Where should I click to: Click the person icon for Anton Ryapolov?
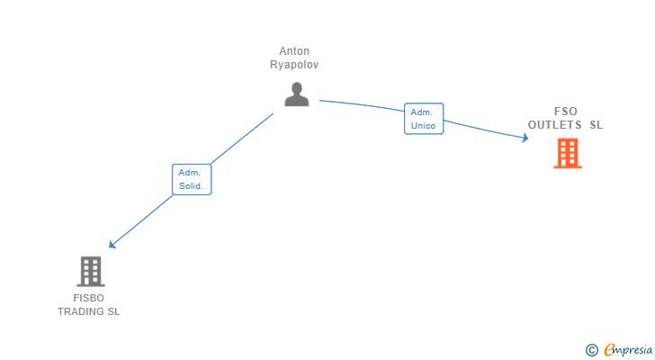click(x=296, y=94)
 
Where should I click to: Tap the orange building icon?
click(x=567, y=154)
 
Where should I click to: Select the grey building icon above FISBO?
click(x=90, y=271)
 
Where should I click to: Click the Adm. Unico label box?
click(x=423, y=119)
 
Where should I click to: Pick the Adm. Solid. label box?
click(x=192, y=179)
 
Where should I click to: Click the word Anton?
click(x=294, y=51)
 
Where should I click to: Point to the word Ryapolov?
click(x=294, y=65)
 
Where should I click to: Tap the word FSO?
click(x=566, y=112)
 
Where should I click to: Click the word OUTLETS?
click(x=555, y=125)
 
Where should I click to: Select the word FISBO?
click(x=88, y=298)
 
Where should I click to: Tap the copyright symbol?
click(x=591, y=350)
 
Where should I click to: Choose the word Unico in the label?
click(x=423, y=126)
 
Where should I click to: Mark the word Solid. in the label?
click(x=192, y=186)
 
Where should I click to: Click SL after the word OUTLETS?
click(x=596, y=125)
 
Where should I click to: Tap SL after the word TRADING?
click(x=113, y=311)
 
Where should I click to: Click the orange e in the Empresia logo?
click(x=609, y=350)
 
